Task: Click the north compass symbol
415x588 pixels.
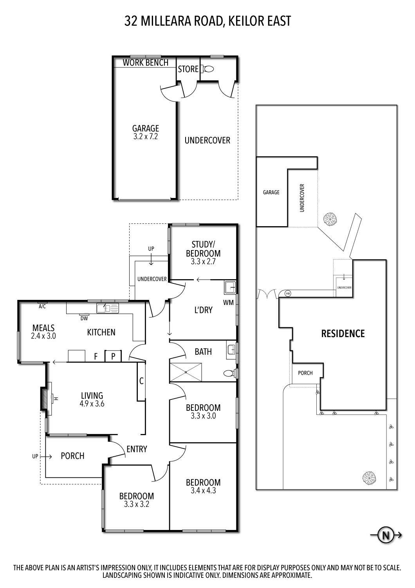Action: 386,535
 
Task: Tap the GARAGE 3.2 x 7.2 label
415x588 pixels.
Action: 145,132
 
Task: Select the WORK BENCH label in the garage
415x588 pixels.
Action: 145,63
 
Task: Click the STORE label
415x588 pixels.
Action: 188,69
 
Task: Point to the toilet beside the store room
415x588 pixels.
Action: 208,69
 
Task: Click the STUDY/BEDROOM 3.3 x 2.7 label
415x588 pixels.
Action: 203,253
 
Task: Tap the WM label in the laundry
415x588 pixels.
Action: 228,303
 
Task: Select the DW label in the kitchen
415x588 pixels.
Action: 84,318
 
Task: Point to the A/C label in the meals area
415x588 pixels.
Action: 42,307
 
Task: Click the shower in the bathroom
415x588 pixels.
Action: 186,372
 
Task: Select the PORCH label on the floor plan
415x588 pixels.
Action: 72,456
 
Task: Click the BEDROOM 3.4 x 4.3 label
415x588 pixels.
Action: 203,486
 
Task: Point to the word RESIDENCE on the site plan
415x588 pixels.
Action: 343,334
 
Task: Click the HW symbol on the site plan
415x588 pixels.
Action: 288,293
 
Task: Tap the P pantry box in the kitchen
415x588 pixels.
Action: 114,356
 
